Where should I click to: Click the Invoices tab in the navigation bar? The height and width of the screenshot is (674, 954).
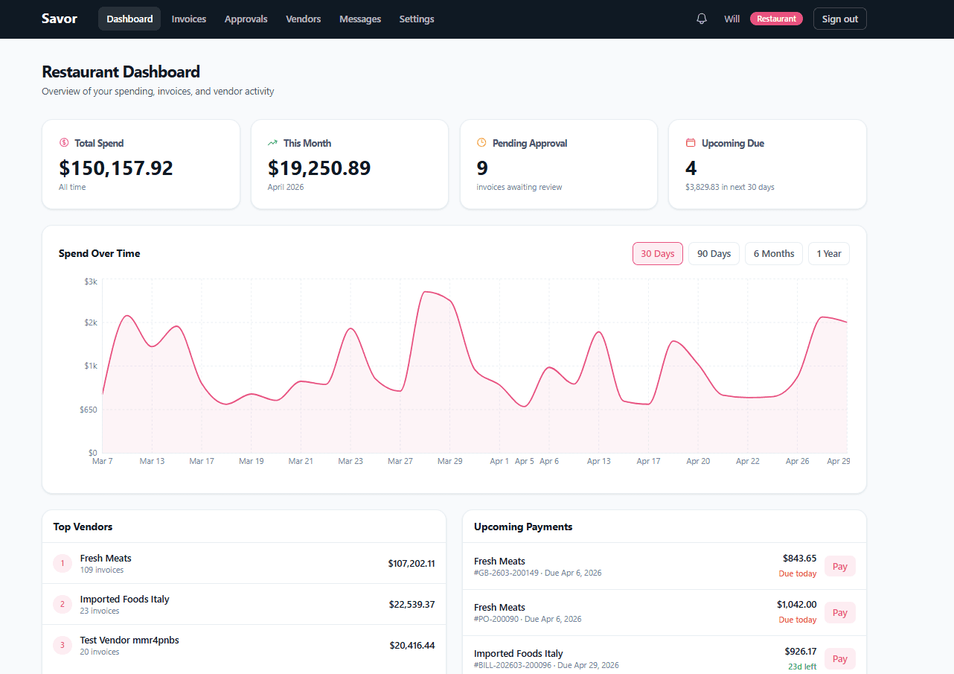click(x=188, y=19)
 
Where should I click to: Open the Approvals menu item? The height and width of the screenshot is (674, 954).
click(x=246, y=19)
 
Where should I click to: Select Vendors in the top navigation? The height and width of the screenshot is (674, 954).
click(x=303, y=19)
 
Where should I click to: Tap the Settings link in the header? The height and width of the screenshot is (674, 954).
click(x=416, y=19)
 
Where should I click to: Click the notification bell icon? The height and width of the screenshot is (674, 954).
click(x=701, y=19)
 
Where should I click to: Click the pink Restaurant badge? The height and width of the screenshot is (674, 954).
click(x=776, y=19)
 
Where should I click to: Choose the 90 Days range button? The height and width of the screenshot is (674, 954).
click(x=714, y=253)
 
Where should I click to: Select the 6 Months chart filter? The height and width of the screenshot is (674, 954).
click(x=773, y=253)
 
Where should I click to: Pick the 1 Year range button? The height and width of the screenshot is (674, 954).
click(x=828, y=253)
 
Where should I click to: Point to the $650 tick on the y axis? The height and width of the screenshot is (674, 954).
click(x=89, y=410)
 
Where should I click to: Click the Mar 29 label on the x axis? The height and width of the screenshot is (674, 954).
click(x=449, y=461)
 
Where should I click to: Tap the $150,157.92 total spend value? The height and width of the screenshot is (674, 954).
click(x=116, y=168)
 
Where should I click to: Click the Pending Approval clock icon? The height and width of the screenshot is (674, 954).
click(x=481, y=142)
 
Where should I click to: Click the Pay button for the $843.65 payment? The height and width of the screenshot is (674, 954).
click(x=839, y=566)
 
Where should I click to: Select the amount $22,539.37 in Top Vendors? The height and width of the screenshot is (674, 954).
click(x=412, y=604)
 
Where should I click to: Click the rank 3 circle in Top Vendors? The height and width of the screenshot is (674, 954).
click(x=63, y=645)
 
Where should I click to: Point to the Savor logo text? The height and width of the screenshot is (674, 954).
click(x=60, y=19)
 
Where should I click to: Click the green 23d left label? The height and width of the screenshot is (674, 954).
click(x=802, y=666)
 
